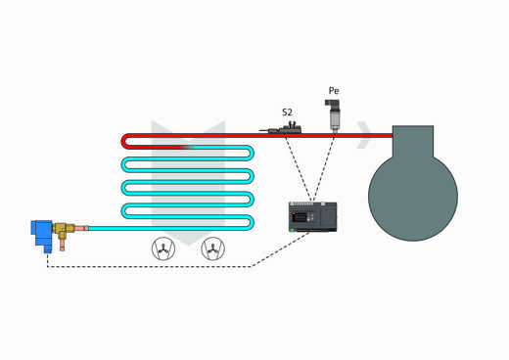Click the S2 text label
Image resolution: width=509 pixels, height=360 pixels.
287,112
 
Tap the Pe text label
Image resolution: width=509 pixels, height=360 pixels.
334,91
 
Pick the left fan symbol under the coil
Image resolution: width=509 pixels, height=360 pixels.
162,250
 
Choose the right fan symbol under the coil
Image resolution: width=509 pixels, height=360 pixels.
211,250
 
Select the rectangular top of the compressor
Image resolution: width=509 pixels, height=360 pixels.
412,138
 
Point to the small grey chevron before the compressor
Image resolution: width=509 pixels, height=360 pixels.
364,135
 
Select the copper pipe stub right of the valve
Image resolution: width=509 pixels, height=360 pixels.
81,230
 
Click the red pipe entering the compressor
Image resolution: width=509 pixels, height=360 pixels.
377,135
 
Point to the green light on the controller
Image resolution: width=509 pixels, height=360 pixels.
292,229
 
